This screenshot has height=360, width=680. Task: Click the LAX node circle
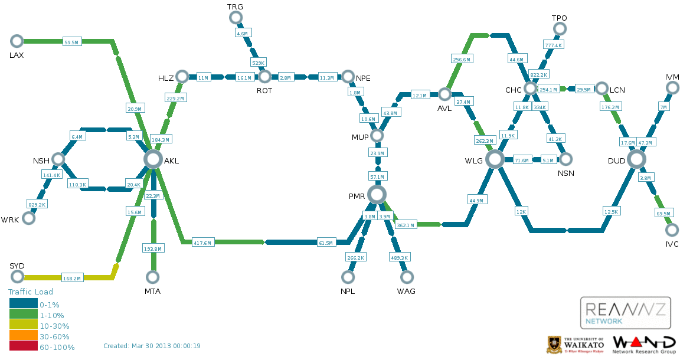[17, 41]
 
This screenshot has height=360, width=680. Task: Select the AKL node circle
[153, 159]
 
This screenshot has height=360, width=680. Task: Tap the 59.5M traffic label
[71, 42]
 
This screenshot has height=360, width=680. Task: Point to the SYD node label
[17, 266]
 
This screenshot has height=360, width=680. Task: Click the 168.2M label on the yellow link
[72, 277]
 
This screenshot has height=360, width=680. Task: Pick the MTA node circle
[153, 277]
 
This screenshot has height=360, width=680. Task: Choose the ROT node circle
[264, 77]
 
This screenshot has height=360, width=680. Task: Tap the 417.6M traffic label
[203, 242]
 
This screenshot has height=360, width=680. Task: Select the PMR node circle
[377, 194]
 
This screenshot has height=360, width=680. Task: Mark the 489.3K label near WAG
[400, 257]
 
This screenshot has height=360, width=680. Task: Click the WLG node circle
[495, 159]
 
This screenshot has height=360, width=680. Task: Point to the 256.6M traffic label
[462, 59]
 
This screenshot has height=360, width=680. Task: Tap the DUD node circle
[636, 159]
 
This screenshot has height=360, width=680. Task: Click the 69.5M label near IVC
[663, 213]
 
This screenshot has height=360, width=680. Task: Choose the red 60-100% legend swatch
[23, 347]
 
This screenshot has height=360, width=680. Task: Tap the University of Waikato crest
[554, 345]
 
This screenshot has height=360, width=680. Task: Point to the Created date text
[152, 346]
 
